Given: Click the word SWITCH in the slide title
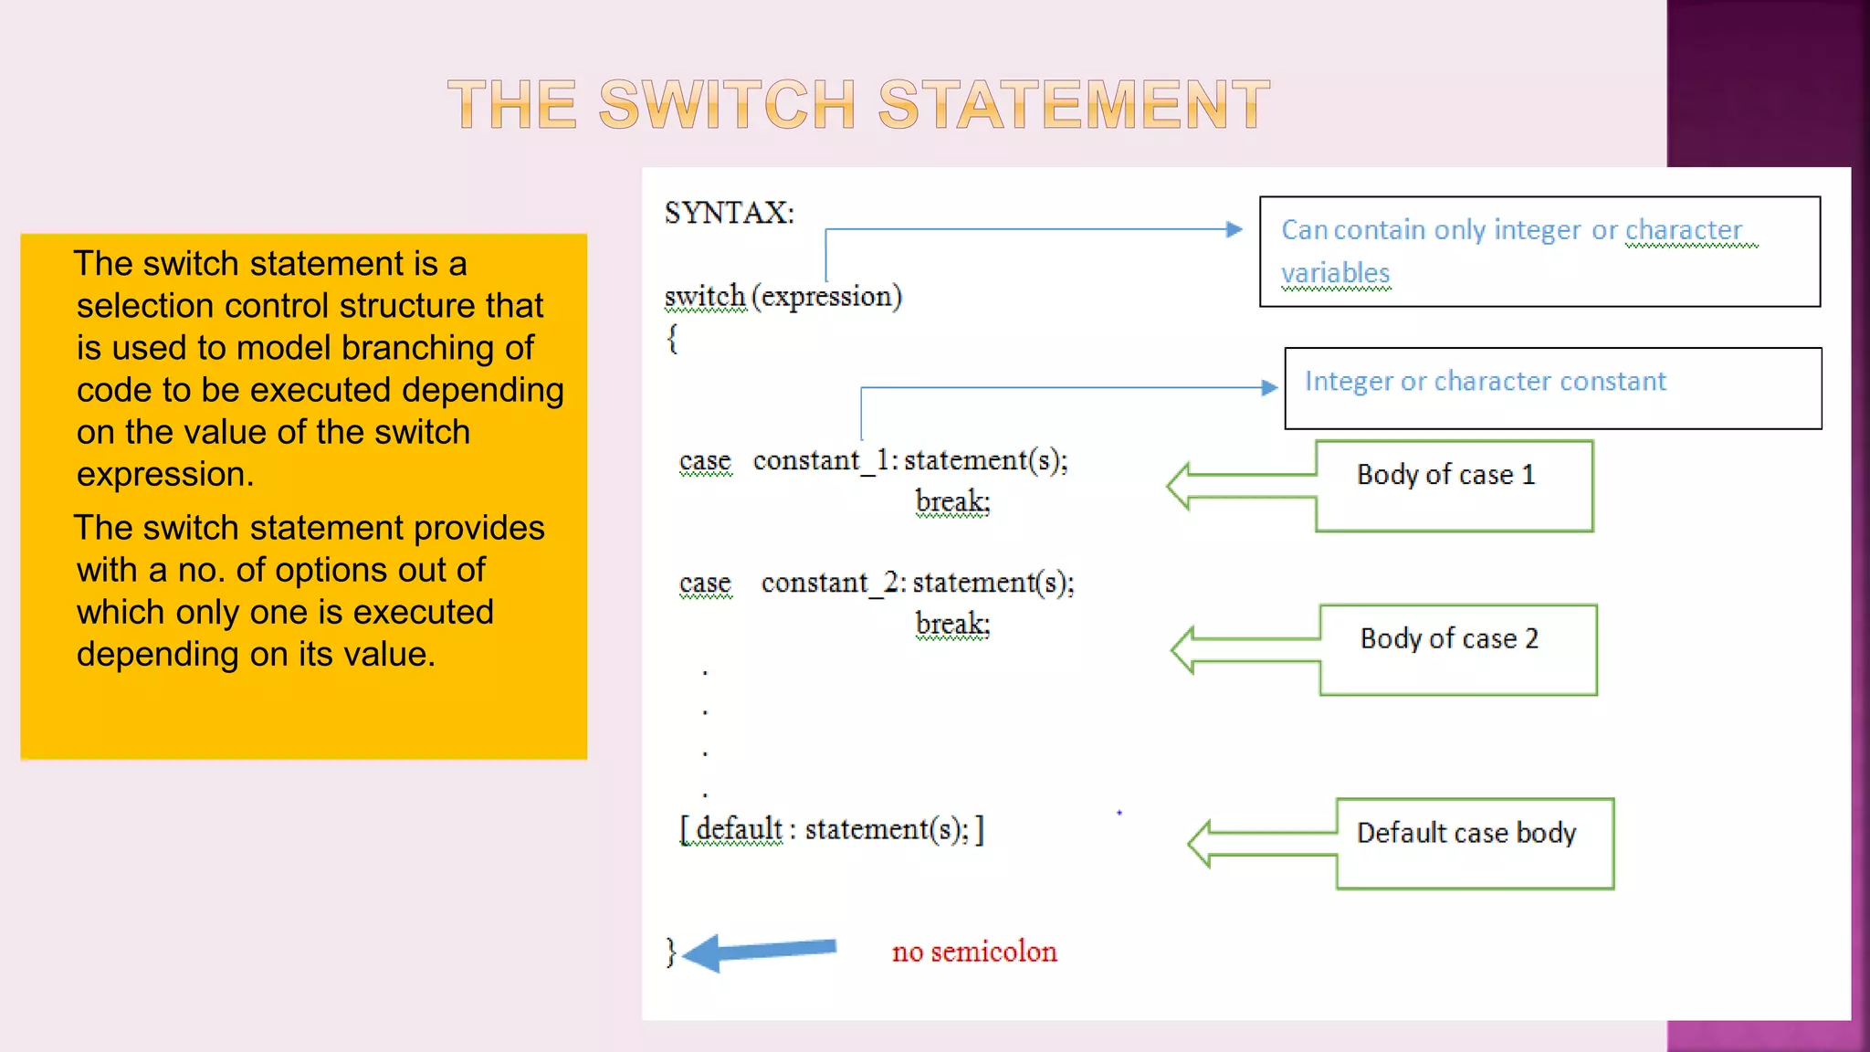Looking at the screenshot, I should coord(726,104).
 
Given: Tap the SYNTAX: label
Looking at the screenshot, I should coord(729,213).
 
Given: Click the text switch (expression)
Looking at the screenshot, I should coord(783,296).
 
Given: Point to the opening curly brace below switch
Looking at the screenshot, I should coord(673,339).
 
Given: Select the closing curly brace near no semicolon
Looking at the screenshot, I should coord(671,952).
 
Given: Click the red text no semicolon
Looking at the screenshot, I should coord(973,952).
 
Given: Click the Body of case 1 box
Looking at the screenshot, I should coord(1454,486).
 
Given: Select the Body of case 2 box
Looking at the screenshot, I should coord(1457,649).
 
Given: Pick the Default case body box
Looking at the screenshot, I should coord(1474,843).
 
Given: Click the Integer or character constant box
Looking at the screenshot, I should coord(1552,388).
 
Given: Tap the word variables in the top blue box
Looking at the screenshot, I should coord(1335,273).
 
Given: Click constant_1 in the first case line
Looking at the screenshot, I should coord(821,460).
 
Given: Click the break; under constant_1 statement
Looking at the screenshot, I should coord(952,501).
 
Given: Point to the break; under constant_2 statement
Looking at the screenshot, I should coord(952,624).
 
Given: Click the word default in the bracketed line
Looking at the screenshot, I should coord(738,829).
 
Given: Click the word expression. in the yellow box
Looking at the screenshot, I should coord(165,475).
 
